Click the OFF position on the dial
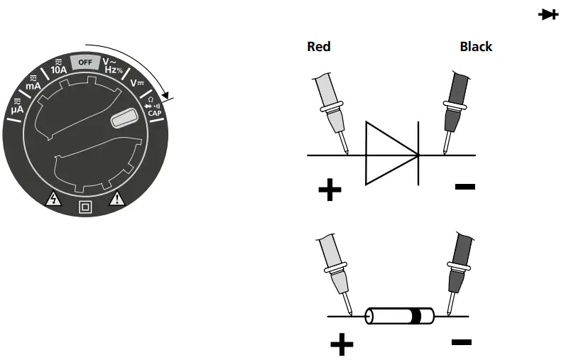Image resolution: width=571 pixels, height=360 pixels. click(x=85, y=62)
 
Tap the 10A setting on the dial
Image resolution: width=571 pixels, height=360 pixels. click(x=59, y=69)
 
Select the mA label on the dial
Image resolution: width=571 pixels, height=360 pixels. click(x=34, y=84)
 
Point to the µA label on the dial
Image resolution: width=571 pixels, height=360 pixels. click(x=18, y=110)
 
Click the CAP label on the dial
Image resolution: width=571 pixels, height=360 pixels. click(x=153, y=112)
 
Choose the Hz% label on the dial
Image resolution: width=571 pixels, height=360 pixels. click(x=112, y=70)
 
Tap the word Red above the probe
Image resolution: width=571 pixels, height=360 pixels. click(x=319, y=47)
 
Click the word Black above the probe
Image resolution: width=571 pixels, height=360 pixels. click(x=476, y=47)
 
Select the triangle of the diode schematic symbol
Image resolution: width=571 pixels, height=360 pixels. click(x=388, y=154)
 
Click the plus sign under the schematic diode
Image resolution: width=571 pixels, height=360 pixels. click(x=330, y=190)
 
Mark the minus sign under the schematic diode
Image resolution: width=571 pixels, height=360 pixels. click(x=465, y=187)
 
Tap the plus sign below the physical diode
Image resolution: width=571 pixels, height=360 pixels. click(x=342, y=345)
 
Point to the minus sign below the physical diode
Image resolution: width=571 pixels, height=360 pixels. click(x=461, y=342)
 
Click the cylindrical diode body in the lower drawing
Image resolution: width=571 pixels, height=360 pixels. click(x=398, y=315)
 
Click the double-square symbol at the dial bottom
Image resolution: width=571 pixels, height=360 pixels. click(x=85, y=208)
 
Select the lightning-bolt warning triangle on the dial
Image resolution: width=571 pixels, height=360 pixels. click(x=53, y=200)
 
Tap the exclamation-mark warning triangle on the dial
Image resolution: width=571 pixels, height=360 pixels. click(x=115, y=200)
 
